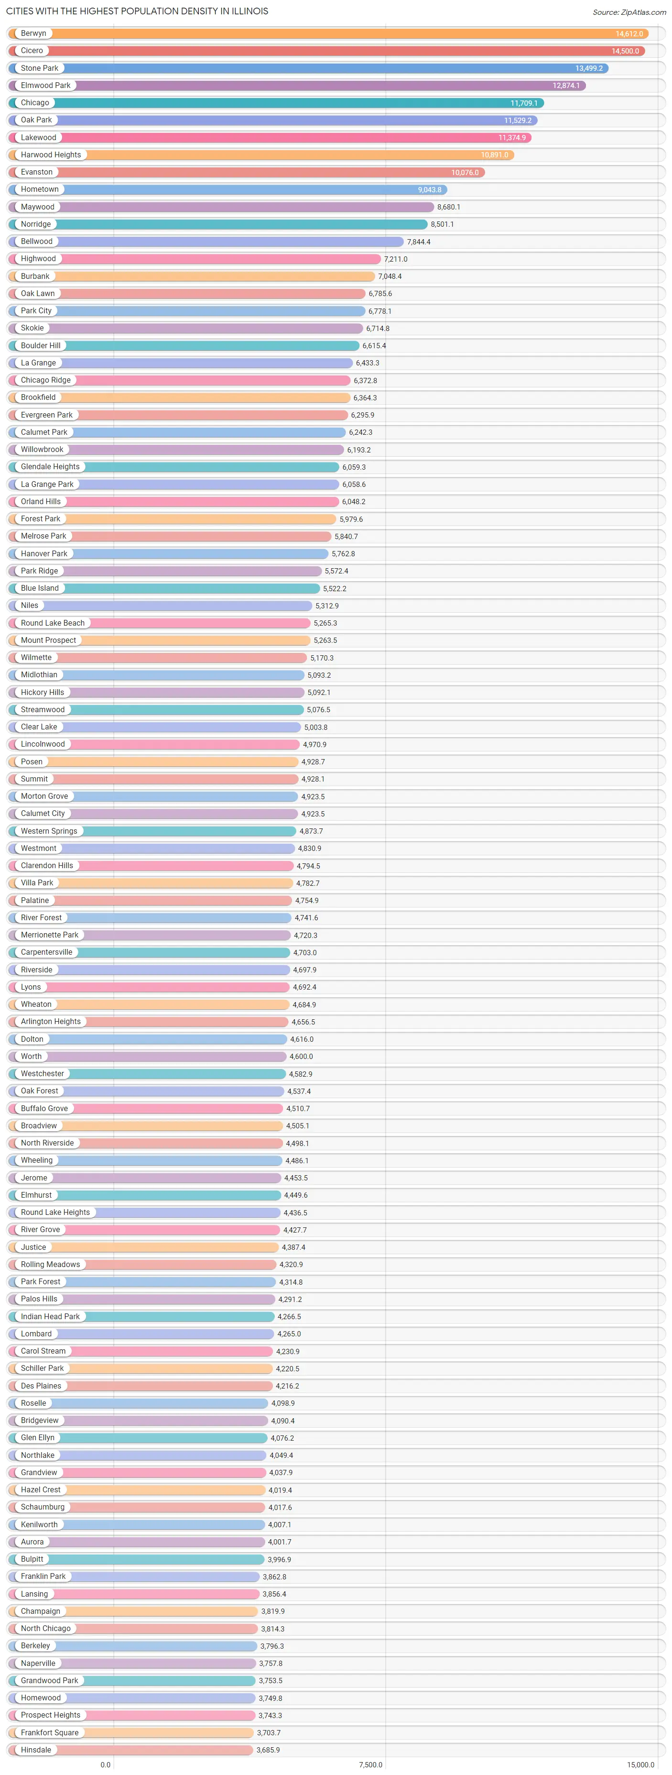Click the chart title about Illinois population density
[x=137, y=11]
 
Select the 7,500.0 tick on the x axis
[x=370, y=1764]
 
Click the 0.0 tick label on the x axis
[x=105, y=1764]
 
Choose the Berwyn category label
[x=33, y=33]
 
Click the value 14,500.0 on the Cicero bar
[x=625, y=51]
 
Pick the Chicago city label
[x=34, y=103]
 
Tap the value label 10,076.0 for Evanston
[x=465, y=172]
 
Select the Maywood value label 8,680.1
[x=449, y=207]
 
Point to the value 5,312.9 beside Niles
[x=327, y=606]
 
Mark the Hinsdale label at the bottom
[x=36, y=1750]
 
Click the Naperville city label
[x=38, y=1663]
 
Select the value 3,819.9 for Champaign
[x=272, y=1611]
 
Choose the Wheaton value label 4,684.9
[x=304, y=1004]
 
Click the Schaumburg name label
[x=43, y=1507]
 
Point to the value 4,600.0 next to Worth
[x=301, y=1056]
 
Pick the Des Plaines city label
[x=41, y=1386]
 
